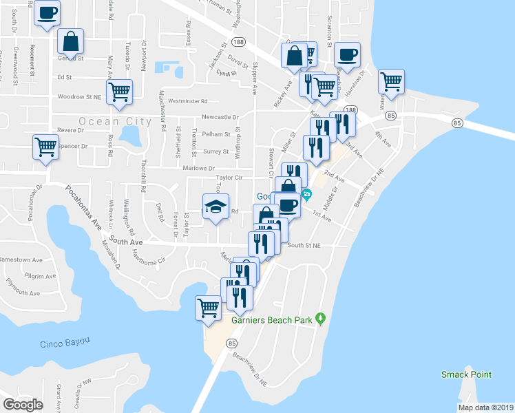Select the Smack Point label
(467, 374)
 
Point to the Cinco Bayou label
(66, 344)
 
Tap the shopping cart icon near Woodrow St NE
(120, 91)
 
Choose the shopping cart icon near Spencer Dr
(45, 146)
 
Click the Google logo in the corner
(23, 405)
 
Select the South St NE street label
(305, 245)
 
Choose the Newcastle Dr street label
(220, 117)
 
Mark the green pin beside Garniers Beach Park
(319, 318)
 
